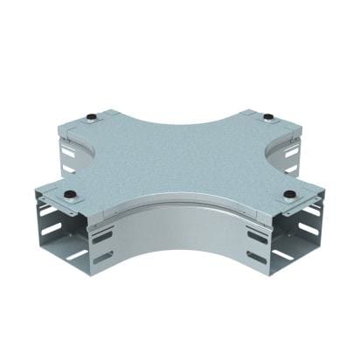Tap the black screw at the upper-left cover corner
[x=90, y=116]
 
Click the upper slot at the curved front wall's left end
[x=102, y=237]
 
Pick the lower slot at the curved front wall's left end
[x=102, y=257]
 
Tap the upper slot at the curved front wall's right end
[x=257, y=236]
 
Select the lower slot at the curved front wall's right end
[x=257, y=257]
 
